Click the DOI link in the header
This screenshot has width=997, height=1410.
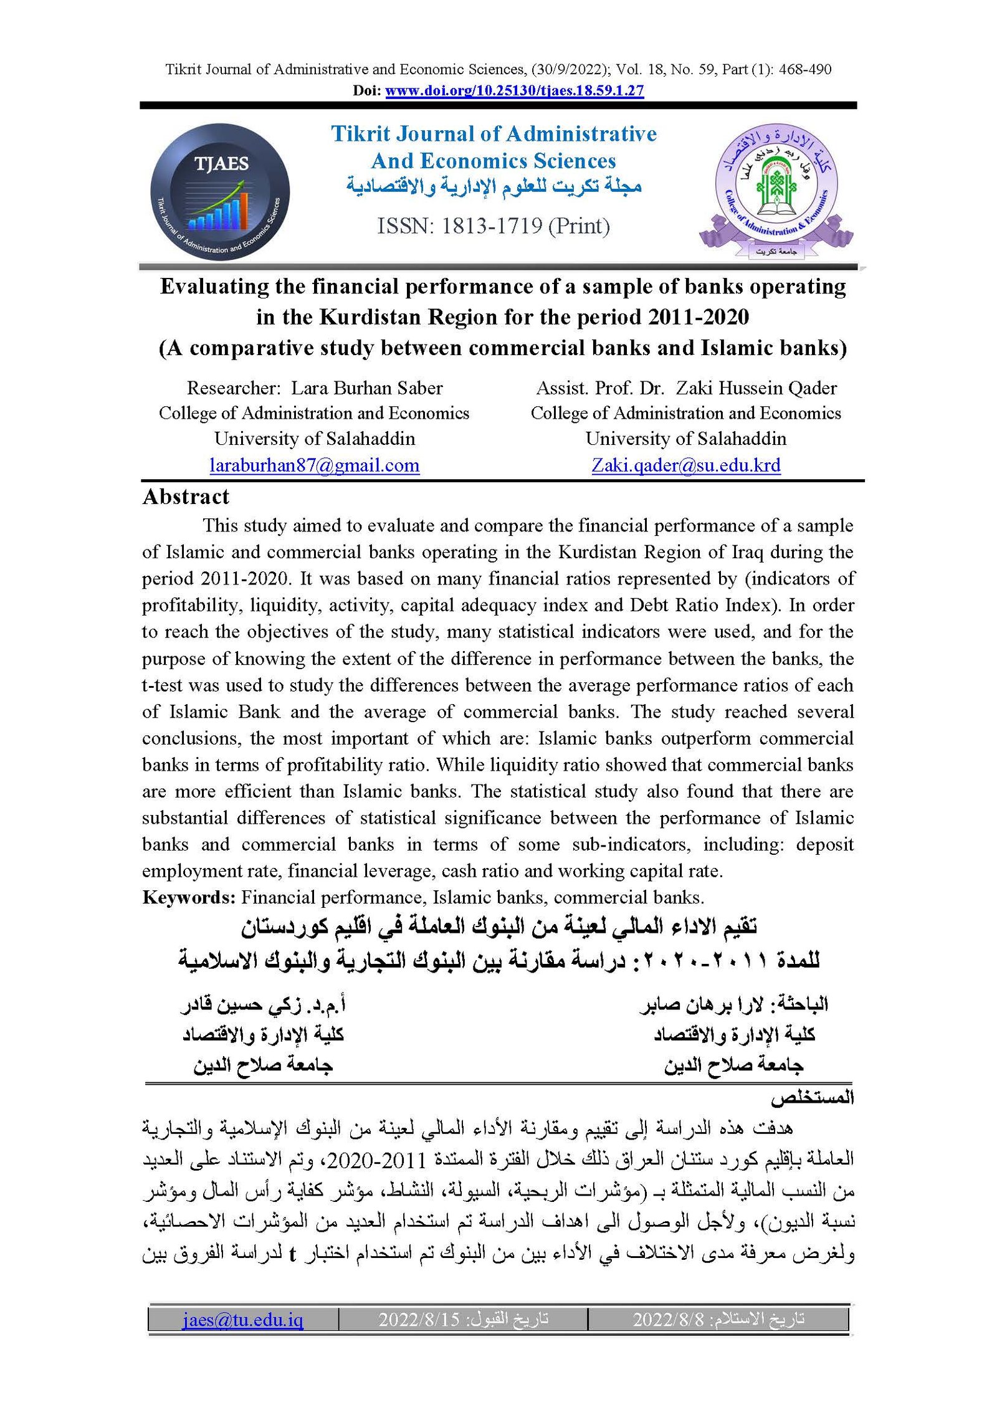coord(514,90)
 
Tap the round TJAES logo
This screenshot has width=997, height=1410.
coord(220,191)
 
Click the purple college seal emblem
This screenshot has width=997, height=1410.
coord(776,190)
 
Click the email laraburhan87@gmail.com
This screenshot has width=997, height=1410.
coord(314,465)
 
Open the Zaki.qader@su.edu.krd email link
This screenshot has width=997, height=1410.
coord(685,465)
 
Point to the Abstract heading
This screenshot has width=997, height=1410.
coord(186,497)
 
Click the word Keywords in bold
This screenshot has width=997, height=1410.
coord(188,897)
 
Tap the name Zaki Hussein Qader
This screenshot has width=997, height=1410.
coord(756,388)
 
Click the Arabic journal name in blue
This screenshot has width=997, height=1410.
coord(494,186)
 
